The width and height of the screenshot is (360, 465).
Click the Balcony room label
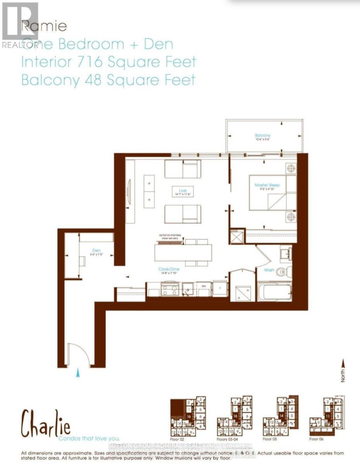point(262,135)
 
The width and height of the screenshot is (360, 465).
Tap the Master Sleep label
point(267,185)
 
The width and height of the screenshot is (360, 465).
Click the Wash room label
point(269,270)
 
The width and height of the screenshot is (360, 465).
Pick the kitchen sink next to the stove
point(188,288)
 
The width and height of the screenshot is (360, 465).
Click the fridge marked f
point(219,288)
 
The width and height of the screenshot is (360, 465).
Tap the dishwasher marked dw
point(204,287)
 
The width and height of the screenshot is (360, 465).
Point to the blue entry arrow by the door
point(79,373)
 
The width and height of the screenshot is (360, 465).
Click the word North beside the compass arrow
point(343,375)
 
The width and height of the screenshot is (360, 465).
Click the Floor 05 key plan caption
point(270,439)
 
